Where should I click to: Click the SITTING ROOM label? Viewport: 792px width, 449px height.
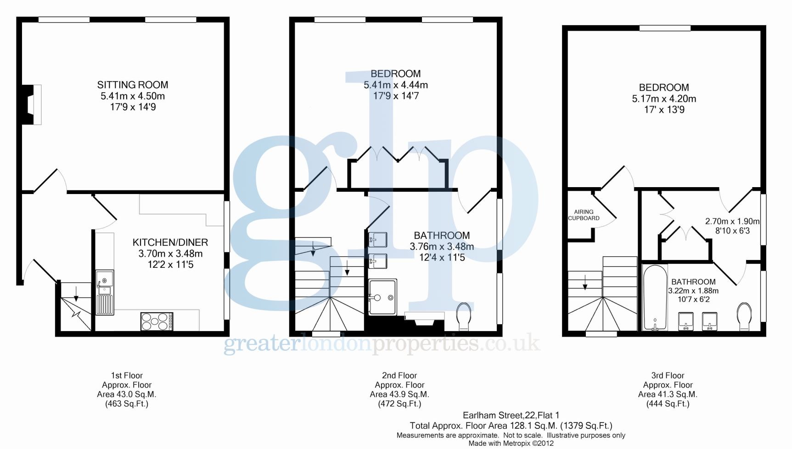(133, 85)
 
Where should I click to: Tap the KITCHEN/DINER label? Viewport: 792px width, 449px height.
(170, 243)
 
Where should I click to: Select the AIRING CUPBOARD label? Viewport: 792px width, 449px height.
(584, 215)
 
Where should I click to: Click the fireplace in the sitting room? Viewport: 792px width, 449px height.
(33, 105)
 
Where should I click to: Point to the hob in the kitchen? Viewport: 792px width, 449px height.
(157, 321)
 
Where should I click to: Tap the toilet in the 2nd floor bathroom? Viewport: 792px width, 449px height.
(464, 316)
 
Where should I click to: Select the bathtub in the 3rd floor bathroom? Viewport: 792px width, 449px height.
(655, 298)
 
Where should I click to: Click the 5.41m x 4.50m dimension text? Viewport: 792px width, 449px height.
(133, 96)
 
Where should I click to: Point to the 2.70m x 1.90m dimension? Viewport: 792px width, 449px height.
(732, 221)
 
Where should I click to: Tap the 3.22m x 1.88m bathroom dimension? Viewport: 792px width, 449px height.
(693, 291)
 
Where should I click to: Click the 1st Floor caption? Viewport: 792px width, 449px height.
(127, 376)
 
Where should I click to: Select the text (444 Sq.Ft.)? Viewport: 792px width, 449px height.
(668, 404)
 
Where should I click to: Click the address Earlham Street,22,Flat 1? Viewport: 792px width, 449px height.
(511, 416)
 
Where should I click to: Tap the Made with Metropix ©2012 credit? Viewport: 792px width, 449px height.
(511, 443)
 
